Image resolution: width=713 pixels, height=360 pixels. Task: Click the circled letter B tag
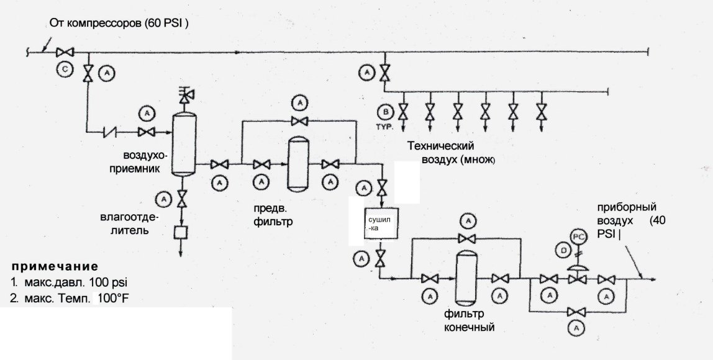point(386,112)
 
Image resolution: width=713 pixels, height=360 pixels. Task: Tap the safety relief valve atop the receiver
point(184,94)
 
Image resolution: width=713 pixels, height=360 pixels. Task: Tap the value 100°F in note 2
point(114,299)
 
